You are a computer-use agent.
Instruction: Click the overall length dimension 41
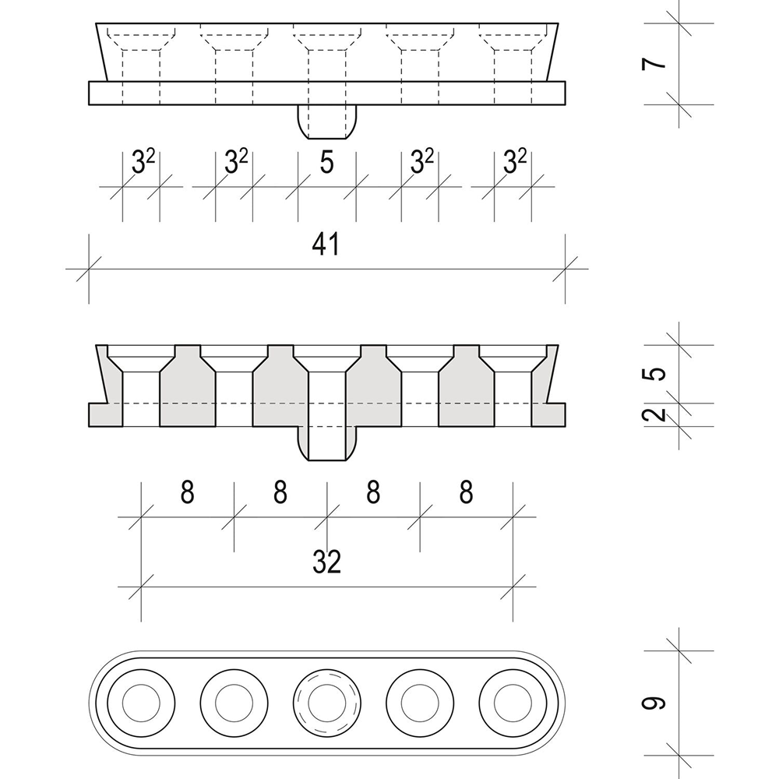pyautogui.click(x=326, y=245)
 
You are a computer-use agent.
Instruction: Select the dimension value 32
pyautogui.click(x=326, y=562)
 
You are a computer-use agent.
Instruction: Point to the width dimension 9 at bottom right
pyautogui.click(x=658, y=703)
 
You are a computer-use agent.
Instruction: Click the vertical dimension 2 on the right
pyautogui.click(x=658, y=414)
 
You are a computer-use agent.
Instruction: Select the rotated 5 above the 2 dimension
pyautogui.click(x=658, y=373)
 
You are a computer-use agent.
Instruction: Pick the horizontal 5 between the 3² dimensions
pyautogui.click(x=326, y=163)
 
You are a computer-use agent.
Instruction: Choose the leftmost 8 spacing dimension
pyautogui.click(x=187, y=492)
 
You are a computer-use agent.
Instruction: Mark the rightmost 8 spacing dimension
pyautogui.click(x=466, y=492)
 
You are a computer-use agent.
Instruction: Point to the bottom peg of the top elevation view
pyautogui.click(x=327, y=121)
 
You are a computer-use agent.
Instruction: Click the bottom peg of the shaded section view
pyautogui.click(x=327, y=444)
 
